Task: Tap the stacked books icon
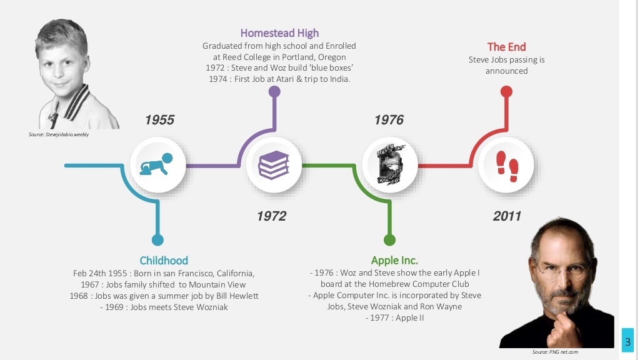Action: [274, 165]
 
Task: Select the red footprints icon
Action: [507, 165]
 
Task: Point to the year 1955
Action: [159, 120]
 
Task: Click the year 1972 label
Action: [271, 216]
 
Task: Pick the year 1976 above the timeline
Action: [389, 120]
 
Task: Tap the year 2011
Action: [507, 216]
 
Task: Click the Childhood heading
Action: [164, 261]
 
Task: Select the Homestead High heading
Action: [279, 33]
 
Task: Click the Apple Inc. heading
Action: [394, 261]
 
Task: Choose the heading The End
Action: [506, 47]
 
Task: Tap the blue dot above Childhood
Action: [157, 239]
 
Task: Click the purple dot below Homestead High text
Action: [274, 92]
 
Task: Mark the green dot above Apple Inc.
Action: [390, 239]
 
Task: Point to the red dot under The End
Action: [507, 92]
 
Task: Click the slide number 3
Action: [627, 341]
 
